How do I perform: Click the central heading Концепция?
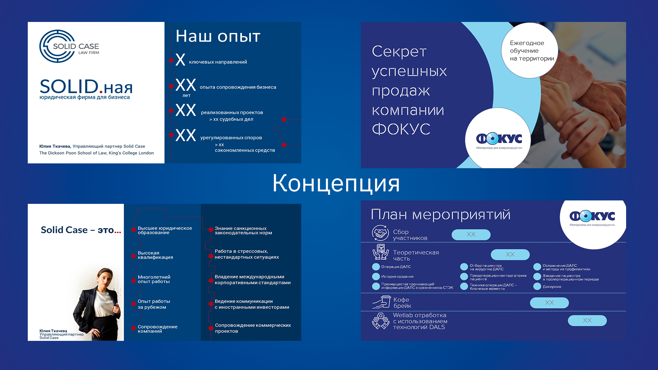coord(336,183)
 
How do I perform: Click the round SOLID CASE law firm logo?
coord(57,46)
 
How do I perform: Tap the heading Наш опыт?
coord(218,36)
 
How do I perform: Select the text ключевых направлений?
coord(218,62)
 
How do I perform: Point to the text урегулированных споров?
coord(231,138)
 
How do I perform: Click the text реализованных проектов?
coord(232,112)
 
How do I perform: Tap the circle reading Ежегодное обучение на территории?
coord(529,51)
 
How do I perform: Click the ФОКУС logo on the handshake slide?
coord(499,139)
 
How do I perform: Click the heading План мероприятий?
coord(441,214)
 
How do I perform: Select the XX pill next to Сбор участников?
coord(471,235)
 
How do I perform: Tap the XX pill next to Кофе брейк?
coord(549,303)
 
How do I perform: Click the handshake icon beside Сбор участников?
coord(380,233)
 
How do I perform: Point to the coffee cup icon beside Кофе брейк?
coord(381,302)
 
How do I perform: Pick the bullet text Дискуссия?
coord(552,287)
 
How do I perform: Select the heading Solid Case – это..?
coord(81,230)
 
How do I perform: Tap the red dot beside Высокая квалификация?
coord(134,256)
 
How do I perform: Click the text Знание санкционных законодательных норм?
coord(243,231)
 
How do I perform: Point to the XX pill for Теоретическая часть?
coord(510,255)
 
